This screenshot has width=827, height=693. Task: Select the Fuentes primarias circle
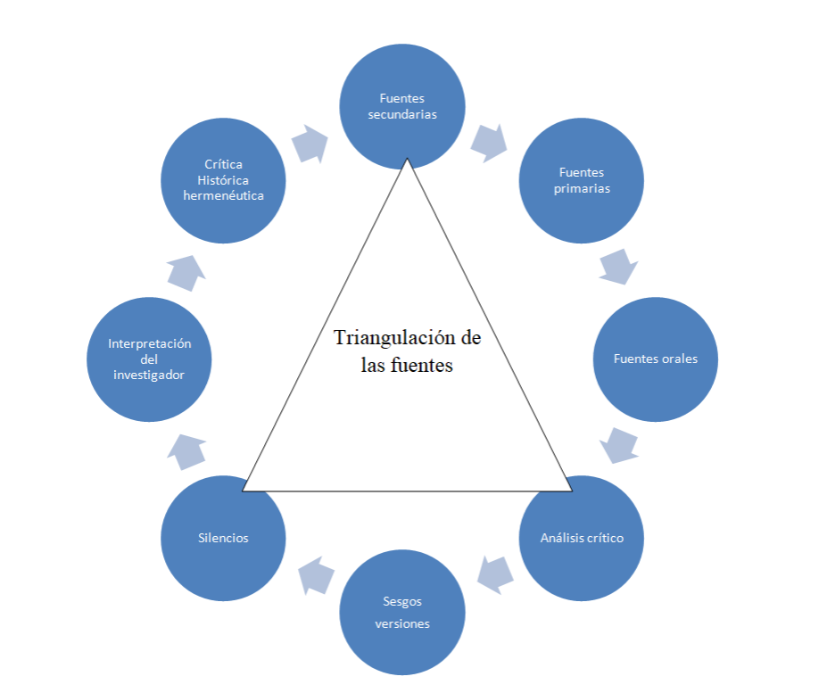[x=581, y=181]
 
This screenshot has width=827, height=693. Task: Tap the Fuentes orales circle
[x=656, y=359]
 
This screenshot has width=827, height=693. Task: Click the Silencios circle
[x=223, y=539]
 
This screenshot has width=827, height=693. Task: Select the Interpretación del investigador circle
[x=149, y=359]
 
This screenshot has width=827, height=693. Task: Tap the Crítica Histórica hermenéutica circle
[x=223, y=181]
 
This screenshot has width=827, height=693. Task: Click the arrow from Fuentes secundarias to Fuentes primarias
[x=489, y=142]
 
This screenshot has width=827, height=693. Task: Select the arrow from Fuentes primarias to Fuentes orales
[x=618, y=267]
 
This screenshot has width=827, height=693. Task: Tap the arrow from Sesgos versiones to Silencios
[x=315, y=575]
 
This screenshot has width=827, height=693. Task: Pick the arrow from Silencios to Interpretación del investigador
[x=186, y=452]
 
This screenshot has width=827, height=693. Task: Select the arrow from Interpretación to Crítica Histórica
[x=186, y=271]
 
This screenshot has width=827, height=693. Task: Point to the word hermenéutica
[x=223, y=195]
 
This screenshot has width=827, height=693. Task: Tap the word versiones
[x=402, y=623]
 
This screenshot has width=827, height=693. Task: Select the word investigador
[x=149, y=375]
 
